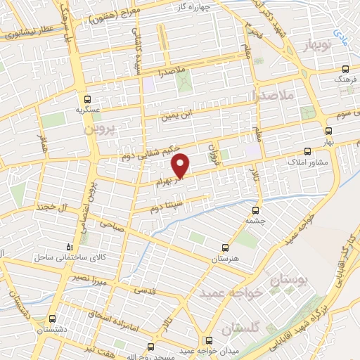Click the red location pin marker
(x=181, y=165)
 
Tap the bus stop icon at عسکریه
(x=87, y=99)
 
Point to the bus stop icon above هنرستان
(x=225, y=247)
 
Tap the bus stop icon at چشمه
(x=256, y=209)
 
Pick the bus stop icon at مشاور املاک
(x=307, y=150)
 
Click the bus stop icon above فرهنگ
(x=344, y=69)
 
